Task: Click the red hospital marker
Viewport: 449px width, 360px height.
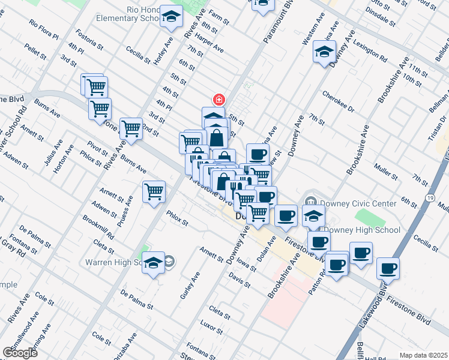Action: [218, 99]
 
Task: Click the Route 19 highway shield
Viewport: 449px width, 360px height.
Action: [430, 197]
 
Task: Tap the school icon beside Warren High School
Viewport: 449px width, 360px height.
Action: [153, 262]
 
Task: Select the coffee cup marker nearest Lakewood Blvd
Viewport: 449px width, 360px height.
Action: [388, 268]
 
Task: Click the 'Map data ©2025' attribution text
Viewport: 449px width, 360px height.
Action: [423, 355]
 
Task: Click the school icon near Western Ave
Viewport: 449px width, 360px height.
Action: [324, 52]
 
